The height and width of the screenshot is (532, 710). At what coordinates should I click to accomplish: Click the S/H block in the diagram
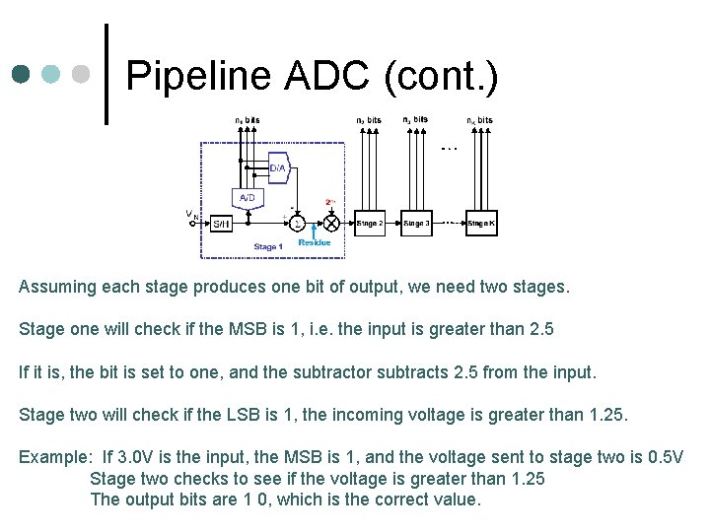[221, 224]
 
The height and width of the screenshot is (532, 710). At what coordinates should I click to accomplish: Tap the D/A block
[277, 168]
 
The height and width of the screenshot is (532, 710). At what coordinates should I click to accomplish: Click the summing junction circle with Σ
[298, 224]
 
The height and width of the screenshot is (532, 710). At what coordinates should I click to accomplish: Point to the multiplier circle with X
[331, 224]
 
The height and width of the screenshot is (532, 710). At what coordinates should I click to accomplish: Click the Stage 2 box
[370, 224]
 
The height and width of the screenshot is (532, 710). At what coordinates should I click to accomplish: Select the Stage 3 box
[416, 224]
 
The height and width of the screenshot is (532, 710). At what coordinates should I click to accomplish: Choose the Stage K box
[481, 224]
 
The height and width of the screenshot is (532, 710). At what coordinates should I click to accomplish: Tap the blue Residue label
[315, 242]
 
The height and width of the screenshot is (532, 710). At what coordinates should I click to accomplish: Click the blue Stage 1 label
[268, 246]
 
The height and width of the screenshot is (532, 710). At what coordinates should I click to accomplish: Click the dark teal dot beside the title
[22, 74]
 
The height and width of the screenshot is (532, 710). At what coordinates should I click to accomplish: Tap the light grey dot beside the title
[83, 74]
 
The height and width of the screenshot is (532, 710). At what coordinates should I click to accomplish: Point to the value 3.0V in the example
[135, 458]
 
